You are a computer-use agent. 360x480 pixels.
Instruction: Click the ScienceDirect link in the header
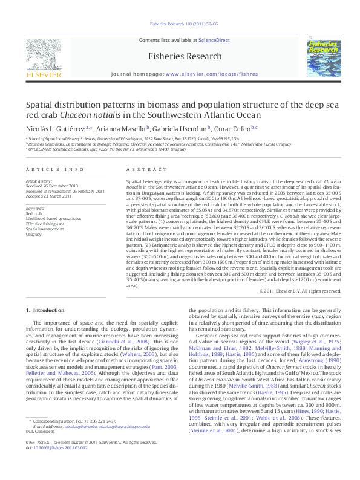click(215, 40)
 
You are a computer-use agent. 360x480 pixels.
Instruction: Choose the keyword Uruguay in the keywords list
click(33, 235)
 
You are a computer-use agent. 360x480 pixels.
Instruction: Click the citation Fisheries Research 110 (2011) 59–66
click(180, 25)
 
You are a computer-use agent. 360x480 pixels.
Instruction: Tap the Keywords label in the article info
click(35, 209)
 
